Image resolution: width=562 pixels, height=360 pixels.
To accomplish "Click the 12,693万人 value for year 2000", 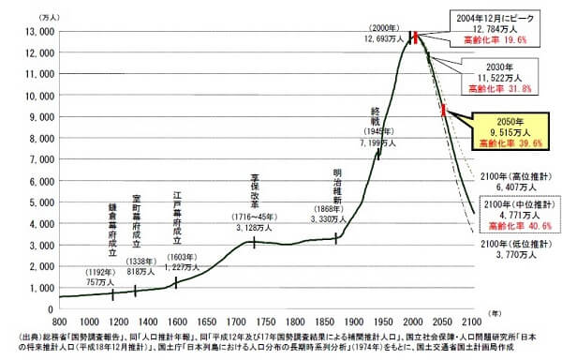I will click(385, 39).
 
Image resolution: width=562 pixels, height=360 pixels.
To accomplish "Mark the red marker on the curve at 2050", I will click(443, 112).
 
